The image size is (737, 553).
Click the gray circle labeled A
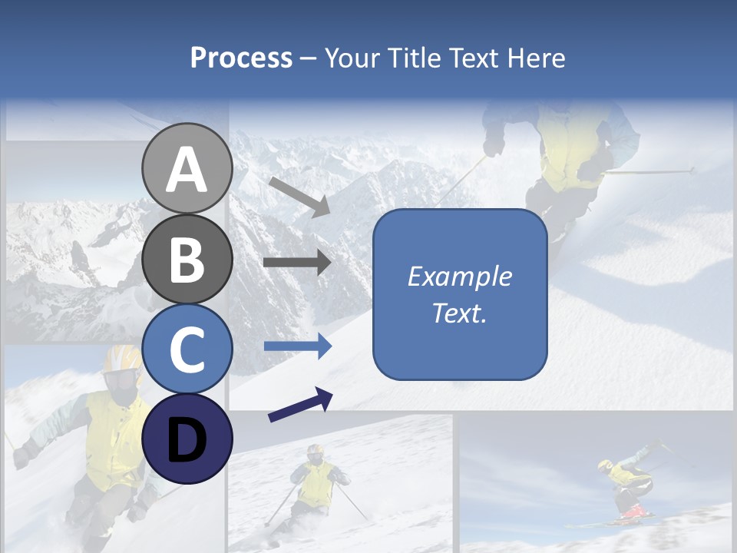pos(187,169)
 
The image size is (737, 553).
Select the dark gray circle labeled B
pos(187,259)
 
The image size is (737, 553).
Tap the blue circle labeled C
pos(187,349)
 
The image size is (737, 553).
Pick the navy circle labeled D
pos(187,439)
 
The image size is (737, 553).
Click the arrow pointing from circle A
pos(299,197)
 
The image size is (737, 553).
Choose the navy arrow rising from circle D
pos(300,405)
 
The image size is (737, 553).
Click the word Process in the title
pos(241,58)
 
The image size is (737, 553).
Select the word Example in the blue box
pos(460,276)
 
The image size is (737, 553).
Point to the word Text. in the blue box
pos(460,313)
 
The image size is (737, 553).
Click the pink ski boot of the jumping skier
pos(633,511)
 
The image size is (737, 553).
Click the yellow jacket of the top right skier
pos(572,146)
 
